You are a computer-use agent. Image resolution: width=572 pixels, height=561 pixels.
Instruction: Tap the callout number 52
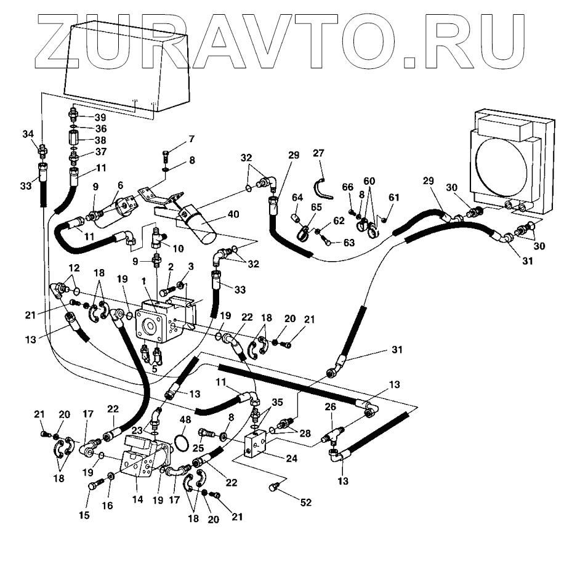(x=306, y=503)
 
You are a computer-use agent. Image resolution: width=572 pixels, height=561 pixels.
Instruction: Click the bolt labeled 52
(x=275, y=488)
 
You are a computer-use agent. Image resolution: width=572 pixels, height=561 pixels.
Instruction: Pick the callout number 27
(x=318, y=153)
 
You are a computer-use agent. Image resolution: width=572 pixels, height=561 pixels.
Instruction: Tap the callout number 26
(x=331, y=408)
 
